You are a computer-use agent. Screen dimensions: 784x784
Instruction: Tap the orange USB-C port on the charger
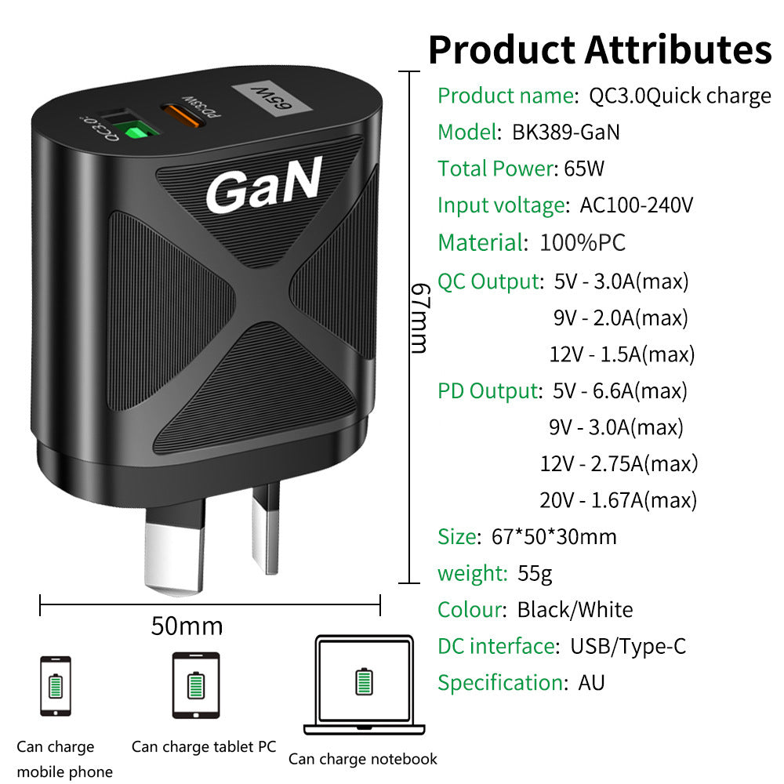[183, 115]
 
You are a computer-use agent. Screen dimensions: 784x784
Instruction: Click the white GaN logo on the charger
[264, 185]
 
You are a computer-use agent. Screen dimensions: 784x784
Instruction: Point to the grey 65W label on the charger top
[271, 99]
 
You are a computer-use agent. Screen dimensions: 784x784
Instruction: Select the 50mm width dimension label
[187, 626]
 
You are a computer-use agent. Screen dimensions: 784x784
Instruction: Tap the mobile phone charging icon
[56, 686]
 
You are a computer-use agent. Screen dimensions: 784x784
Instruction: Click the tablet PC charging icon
[195, 685]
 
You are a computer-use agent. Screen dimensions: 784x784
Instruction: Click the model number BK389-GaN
[566, 132]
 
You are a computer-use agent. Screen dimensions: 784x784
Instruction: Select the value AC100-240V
[637, 205]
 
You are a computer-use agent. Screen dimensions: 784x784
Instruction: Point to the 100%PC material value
[583, 242]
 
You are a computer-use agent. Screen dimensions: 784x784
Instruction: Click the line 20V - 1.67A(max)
[618, 500]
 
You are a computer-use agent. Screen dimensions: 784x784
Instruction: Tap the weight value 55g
[535, 574]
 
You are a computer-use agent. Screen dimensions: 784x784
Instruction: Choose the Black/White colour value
[575, 610]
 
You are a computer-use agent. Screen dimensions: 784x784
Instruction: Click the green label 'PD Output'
[490, 391]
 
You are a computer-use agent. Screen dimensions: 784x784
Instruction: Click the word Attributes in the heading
[678, 49]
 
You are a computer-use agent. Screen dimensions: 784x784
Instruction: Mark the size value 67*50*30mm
[554, 537]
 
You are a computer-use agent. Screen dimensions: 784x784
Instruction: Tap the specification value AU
[591, 683]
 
